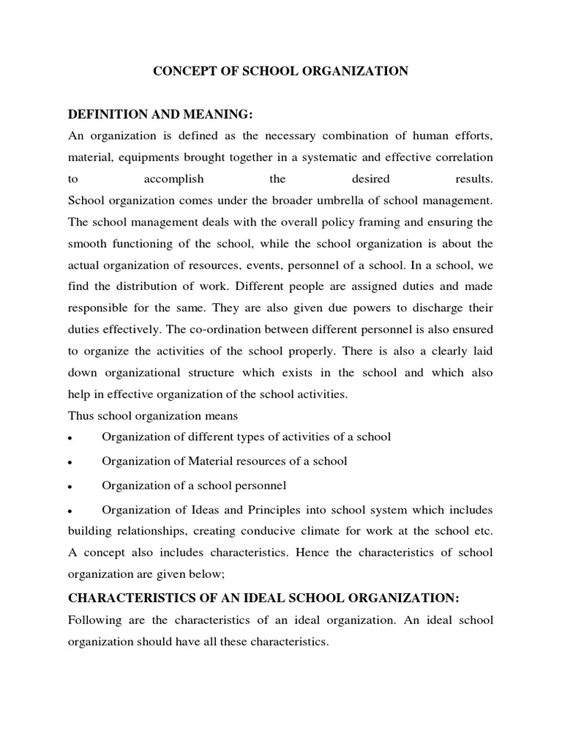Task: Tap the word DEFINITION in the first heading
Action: pos(107,115)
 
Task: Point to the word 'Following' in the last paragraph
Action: pos(94,620)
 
